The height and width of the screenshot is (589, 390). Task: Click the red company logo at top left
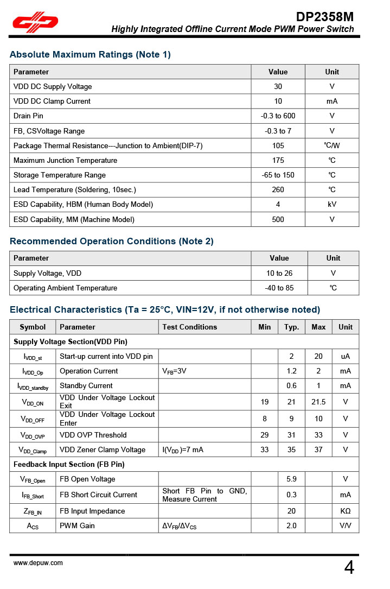[36, 22]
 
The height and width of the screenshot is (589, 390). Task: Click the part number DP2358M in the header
[325, 16]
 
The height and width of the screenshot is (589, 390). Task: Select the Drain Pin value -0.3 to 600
[278, 116]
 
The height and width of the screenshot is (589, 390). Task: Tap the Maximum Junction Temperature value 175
[278, 161]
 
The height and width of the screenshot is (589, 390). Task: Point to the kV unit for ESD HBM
[332, 205]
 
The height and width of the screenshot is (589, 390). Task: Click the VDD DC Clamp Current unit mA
[332, 102]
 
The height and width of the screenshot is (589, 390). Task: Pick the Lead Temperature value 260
[278, 190]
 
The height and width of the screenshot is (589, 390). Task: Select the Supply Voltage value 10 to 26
[279, 274]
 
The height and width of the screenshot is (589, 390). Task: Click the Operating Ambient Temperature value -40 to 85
[279, 288]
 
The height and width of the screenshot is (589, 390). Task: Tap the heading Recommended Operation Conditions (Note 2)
[112, 242]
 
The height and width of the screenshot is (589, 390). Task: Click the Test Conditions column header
[189, 327]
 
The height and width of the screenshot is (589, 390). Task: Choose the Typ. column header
[292, 327]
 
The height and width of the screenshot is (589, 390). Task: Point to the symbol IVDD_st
[33, 357]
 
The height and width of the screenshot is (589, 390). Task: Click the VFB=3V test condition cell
[175, 371]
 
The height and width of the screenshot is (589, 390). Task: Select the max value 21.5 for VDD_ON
[318, 402]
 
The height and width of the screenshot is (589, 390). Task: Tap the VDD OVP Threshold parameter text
[93, 435]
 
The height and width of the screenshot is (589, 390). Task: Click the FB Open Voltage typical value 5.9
[292, 479]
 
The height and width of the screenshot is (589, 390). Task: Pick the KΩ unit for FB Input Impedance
[345, 511]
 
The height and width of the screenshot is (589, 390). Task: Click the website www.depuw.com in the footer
[38, 563]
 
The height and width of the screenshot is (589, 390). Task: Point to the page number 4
[349, 567]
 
